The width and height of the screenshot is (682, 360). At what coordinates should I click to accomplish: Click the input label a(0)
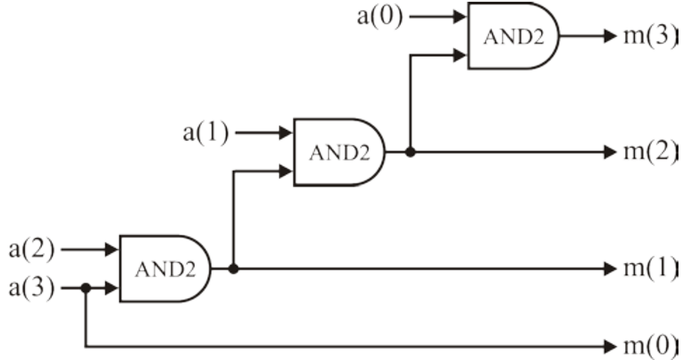(x=380, y=17)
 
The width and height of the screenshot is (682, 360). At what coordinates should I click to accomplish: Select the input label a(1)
(x=205, y=133)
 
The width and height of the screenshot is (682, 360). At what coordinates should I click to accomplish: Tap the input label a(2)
(x=30, y=250)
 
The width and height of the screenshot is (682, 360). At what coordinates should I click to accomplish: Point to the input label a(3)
(x=30, y=288)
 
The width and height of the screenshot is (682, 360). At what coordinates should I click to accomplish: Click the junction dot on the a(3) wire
(x=86, y=288)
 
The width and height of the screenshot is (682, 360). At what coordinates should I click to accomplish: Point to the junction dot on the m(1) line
(x=234, y=269)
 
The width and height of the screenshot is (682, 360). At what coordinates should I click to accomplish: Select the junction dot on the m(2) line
(x=411, y=152)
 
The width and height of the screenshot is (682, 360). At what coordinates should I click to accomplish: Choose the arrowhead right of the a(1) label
(x=286, y=133)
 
